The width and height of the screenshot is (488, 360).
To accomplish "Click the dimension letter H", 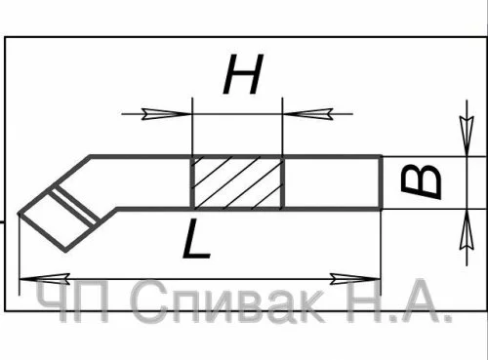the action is coord(243,74).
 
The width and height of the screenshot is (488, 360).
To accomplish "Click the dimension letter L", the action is coord(196,239).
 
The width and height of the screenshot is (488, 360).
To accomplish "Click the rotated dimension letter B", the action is coord(421,182).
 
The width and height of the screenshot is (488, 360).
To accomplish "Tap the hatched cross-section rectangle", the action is coord(238,182).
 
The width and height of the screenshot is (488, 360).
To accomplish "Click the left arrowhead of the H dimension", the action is coord(166,114).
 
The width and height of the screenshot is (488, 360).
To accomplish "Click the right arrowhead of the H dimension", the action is coord(308,114).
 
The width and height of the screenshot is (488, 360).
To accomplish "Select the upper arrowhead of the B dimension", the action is coord(467,136).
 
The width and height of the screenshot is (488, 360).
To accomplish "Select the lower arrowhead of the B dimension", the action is coord(467,230).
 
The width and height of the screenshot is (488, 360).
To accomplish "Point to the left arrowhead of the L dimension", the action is coord(45,279).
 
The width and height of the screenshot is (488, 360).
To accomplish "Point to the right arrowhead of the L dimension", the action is coord(355,279).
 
